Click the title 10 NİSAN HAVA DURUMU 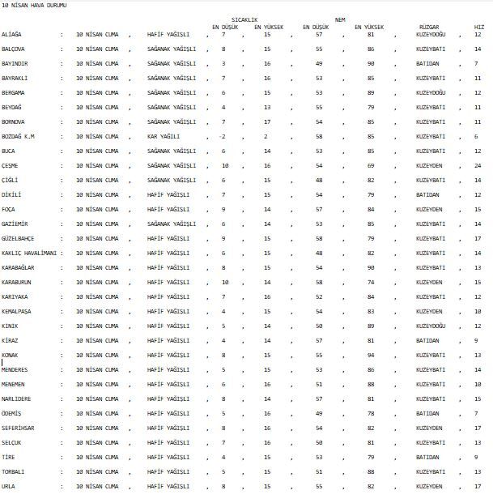coord(35,6)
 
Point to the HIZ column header coord(479,27)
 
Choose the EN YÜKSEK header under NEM coord(370,27)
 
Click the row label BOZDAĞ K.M coord(19,136)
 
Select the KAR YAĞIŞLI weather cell coord(164,136)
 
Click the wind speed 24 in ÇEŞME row coord(478,165)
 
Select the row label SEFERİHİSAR coord(19,428)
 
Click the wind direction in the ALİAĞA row coord(431,35)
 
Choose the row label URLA coord(9,486)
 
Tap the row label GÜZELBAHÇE coord(19,238)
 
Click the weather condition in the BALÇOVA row coord(171,49)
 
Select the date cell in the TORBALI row coord(97,471)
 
